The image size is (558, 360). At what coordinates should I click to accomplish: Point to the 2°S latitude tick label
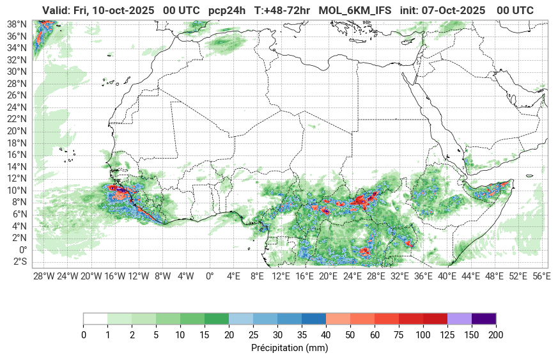point(20,262)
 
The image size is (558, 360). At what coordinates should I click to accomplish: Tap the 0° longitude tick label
point(209,276)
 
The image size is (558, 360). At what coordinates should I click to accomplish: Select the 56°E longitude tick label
point(542,276)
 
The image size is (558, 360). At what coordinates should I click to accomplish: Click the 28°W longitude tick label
point(43,276)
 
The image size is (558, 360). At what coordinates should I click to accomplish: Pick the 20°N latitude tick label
point(17,131)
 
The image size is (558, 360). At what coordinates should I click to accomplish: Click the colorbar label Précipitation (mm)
point(290,348)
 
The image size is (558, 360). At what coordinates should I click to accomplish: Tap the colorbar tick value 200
point(496,335)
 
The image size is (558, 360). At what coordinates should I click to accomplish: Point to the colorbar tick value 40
point(326,335)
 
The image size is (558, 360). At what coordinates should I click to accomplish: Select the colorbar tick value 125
point(447,335)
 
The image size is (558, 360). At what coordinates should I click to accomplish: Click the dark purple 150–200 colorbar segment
point(484,318)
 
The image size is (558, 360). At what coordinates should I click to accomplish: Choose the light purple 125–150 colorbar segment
point(460,318)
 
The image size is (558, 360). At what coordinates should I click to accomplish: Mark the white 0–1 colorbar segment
point(95,318)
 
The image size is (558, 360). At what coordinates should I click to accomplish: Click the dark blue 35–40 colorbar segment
point(314,318)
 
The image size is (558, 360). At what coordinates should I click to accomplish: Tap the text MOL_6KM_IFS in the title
point(355,10)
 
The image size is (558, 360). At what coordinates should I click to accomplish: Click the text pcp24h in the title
point(227,10)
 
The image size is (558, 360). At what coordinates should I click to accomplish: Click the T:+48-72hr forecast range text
point(283,10)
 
